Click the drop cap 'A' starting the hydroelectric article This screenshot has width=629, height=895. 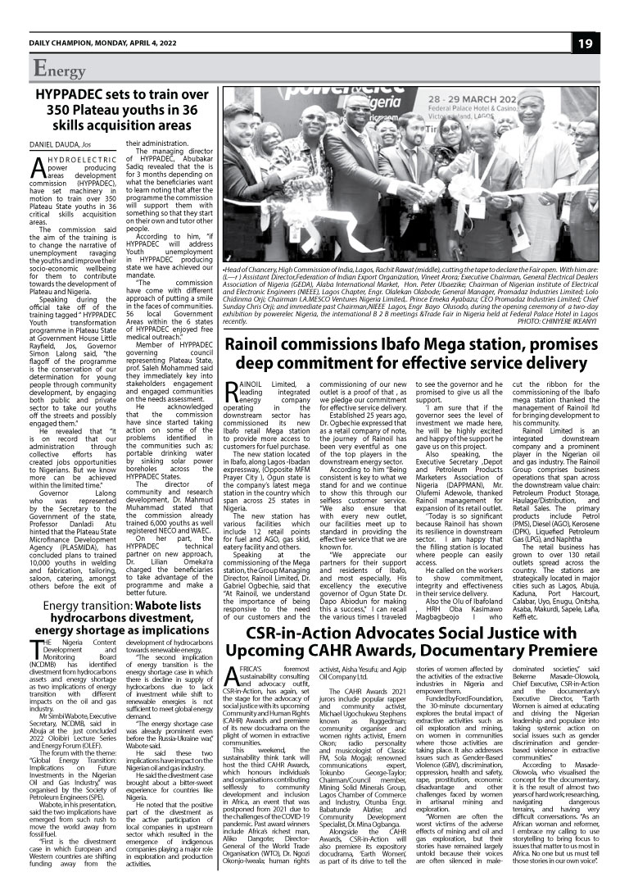point(36,170)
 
